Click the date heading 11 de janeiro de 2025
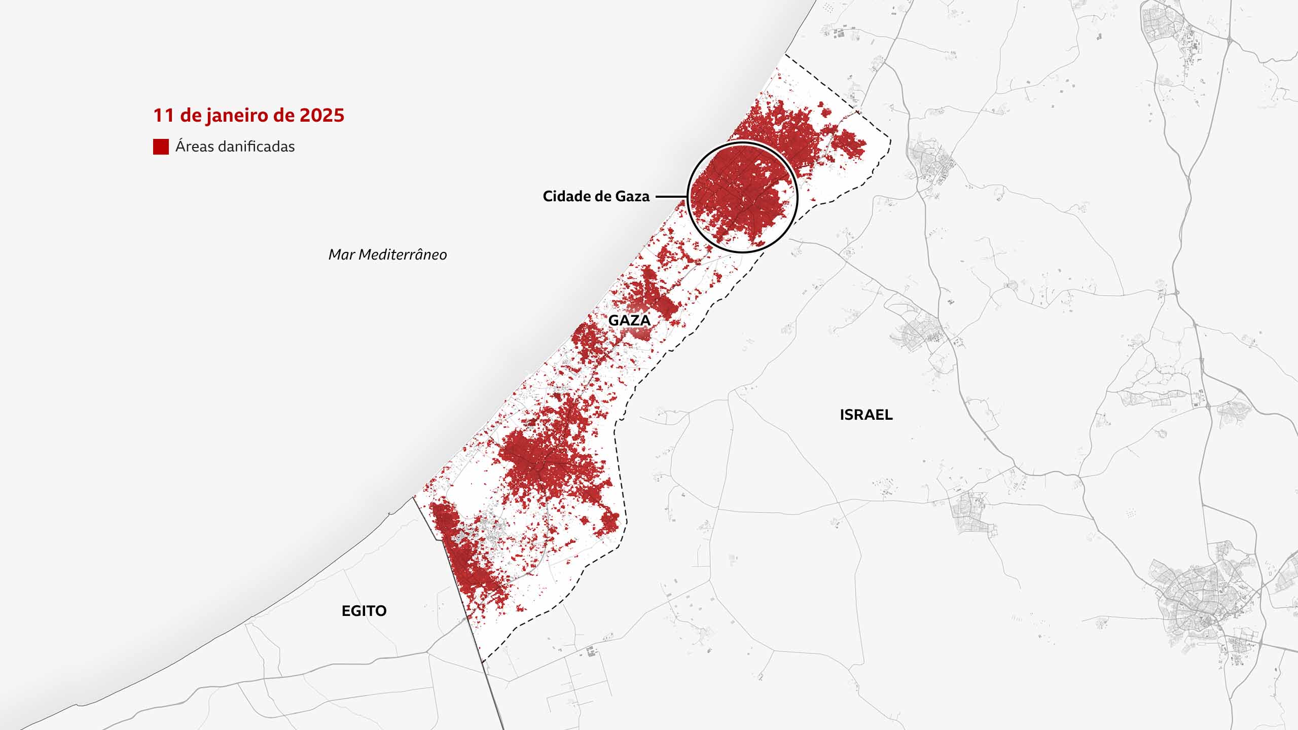pyautogui.click(x=248, y=116)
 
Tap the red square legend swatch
pyautogui.click(x=161, y=147)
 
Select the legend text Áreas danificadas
pyautogui.click(x=235, y=147)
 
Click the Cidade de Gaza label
pyautogui.click(x=596, y=197)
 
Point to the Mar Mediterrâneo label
pyautogui.click(x=387, y=254)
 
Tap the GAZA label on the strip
pyautogui.click(x=629, y=320)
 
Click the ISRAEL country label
pyautogui.click(x=866, y=415)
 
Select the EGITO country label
pyautogui.click(x=364, y=611)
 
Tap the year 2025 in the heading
pyautogui.click(x=322, y=116)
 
